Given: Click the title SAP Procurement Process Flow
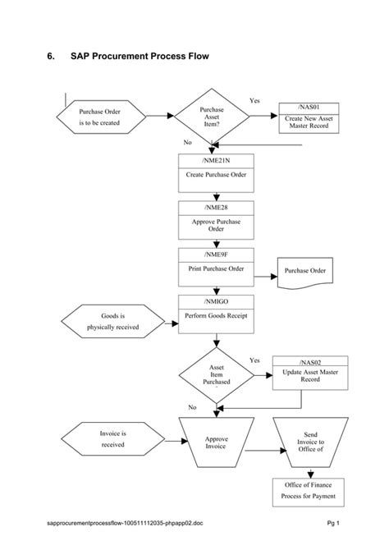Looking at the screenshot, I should (140, 57).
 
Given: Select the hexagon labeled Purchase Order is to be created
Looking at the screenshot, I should (99, 117).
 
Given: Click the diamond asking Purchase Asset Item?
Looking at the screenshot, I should (211, 117).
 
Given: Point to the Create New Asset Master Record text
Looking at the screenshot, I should (309, 122).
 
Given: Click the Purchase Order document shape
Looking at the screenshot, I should (305, 271).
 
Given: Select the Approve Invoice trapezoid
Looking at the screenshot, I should (216, 443).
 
